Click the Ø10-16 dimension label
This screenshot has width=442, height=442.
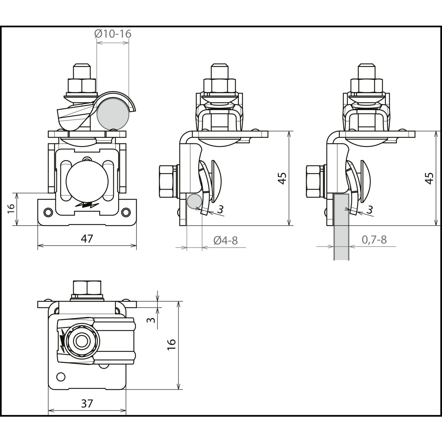coord(113,34)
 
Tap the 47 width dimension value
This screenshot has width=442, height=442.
coord(87,238)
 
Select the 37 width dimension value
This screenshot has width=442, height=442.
coord(87,403)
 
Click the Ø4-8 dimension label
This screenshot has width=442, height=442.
coord(225,240)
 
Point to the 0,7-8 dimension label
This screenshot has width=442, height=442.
coord(374,240)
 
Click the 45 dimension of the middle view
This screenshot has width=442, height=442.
coord(282,178)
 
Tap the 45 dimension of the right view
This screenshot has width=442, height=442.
coord(430,178)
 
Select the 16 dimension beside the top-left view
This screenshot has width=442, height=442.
coord(11,209)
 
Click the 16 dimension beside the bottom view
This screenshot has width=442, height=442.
coord(171,344)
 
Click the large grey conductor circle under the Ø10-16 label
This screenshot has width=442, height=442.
coord(113,114)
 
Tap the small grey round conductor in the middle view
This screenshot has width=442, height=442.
coord(194,201)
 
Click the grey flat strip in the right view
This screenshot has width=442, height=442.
coord(341,227)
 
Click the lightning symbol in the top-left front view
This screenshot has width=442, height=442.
coord(87,205)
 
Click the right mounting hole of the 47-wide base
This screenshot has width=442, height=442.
coord(126,212)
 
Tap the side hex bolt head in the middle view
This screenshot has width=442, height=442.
coord(167,181)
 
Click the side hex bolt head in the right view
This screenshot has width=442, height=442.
coord(314,181)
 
